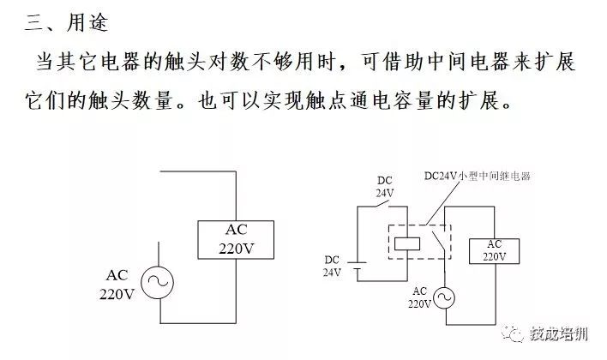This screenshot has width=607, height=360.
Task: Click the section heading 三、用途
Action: point(66,22)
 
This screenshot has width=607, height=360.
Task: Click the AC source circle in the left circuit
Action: point(157,282)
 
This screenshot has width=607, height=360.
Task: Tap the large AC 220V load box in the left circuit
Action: point(236,240)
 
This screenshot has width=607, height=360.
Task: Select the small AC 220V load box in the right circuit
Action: point(494,251)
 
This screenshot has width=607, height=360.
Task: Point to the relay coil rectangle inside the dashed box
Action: point(407,244)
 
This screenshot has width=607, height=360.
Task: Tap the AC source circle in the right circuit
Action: point(444,298)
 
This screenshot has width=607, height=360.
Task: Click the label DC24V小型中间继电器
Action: point(478,176)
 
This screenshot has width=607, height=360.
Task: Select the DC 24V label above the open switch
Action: point(384,187)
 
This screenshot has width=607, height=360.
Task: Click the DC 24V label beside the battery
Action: point(332,267)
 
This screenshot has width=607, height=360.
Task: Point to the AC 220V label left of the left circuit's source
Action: point(117,285)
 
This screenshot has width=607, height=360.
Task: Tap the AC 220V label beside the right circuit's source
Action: point(419,297)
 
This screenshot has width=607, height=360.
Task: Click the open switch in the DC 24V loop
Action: point(382,204)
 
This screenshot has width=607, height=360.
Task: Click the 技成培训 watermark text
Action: point(559,333)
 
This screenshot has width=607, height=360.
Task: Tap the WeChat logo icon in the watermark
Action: point(513,333)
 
